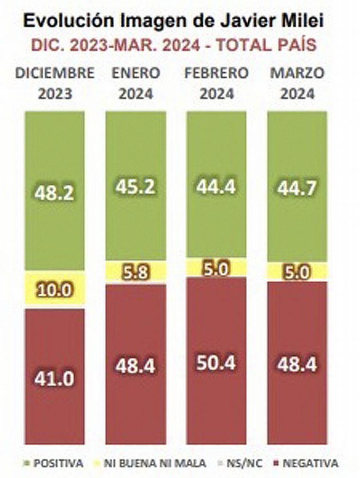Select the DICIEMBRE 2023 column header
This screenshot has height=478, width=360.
coord(54,83)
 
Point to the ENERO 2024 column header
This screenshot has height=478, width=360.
coord(136,83)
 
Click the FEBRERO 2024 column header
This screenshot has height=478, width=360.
coord(216,83)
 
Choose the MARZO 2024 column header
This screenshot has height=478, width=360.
coord(297,83)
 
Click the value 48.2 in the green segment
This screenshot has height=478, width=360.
coord(54,193)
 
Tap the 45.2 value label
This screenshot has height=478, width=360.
coord(136,187)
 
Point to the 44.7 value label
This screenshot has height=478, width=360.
coord(297,188)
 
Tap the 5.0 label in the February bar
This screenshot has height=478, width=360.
coord(216,269)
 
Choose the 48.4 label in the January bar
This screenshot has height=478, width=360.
coord(136,366)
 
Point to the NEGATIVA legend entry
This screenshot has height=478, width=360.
coord(306,463)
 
